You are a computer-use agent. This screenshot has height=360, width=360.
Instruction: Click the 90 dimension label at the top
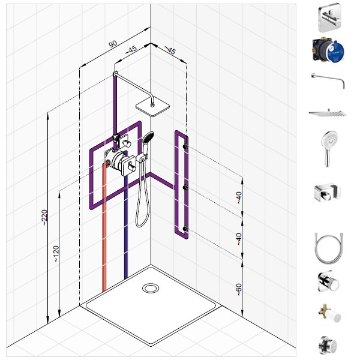pos(113,44)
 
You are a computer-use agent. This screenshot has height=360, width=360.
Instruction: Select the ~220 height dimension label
pos(44,217)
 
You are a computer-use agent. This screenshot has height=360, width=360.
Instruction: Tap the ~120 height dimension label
pos(56,254)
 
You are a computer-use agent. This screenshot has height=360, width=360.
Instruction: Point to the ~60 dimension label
pos(239,290)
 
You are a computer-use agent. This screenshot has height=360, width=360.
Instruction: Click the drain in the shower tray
pos(151,288)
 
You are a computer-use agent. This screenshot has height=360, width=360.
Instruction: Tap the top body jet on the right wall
pos(185,146)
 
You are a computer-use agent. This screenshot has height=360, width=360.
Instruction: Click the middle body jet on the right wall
pos(185,188)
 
